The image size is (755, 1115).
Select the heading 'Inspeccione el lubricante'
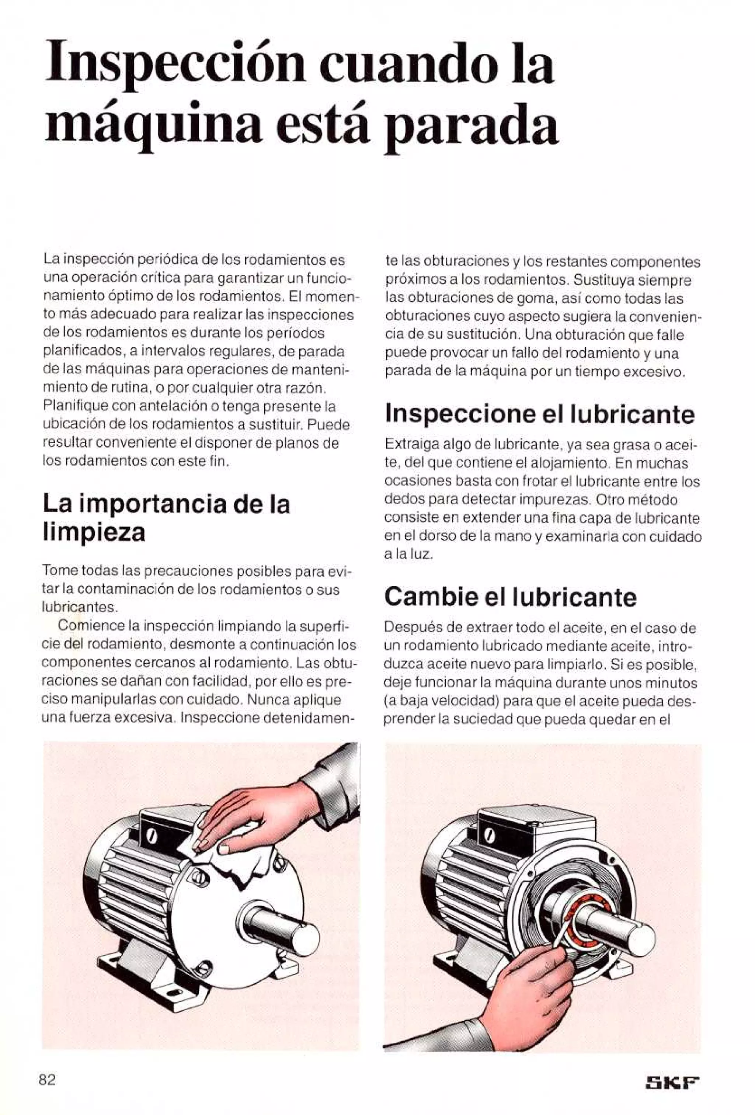point(540,414)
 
